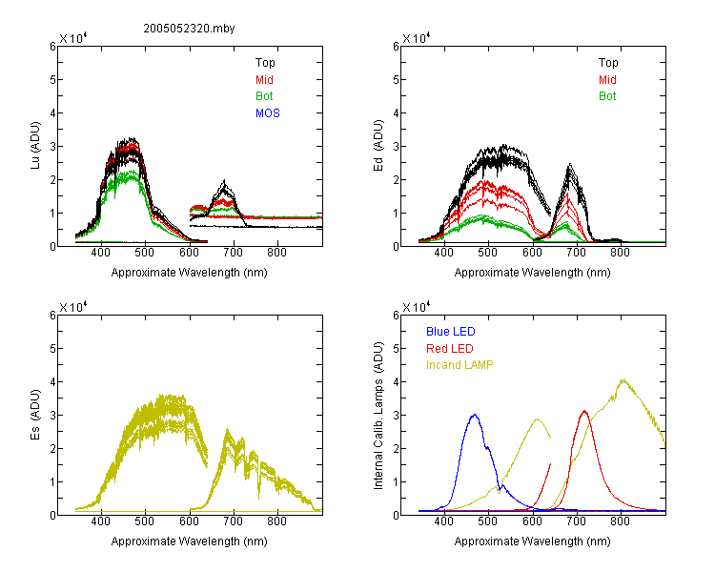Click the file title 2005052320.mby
click(x=189, y=29)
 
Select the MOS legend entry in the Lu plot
click(x=268, y=113)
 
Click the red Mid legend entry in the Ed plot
click(x=607, y=80)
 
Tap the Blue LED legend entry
click(x=451, y=332)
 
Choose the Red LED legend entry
click(x=450, y=349)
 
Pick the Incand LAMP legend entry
click(x=460, y=365)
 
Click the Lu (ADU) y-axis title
click(x=35, y=145)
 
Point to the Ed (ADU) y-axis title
click(x=378, y=145)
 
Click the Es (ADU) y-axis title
click(x=35, y=414)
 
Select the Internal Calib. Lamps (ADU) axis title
click(x=378, y=416)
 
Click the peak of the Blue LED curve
click(x=475, y=415)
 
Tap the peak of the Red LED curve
click(x=584, y=411)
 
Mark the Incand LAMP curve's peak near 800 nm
click(x=623, y=379)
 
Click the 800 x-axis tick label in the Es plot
click(x=277, y=521)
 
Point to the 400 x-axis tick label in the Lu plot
click(x=100, y=253)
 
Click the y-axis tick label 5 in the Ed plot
click(x=396, y=80)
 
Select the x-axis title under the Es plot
click(x=190, y=541)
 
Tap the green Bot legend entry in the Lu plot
click(x=264, y=96)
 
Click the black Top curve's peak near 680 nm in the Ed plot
click(x=569, y=164)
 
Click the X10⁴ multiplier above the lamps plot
click(x=417, y=307)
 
